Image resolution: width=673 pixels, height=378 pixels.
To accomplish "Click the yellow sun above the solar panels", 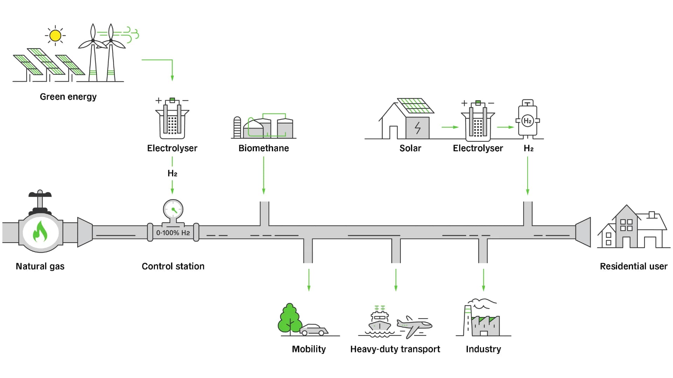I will (x=55, y=35).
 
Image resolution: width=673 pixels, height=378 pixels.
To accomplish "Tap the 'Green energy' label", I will (x=68, y=97).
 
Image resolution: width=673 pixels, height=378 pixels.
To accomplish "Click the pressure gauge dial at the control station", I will (x=173, y=210).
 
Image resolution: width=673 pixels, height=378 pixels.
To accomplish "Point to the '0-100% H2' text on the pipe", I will (x=173, y=233).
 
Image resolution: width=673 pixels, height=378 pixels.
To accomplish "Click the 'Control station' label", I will (x=173, y=266).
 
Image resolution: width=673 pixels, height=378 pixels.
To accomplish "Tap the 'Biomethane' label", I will (x=264, y=148).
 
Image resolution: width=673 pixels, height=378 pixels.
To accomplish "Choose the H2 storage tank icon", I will (x=528, y=120).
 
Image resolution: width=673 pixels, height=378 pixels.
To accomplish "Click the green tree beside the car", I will (x=289, y=318).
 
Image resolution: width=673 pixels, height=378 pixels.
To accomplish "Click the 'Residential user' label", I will (x=633, y=266).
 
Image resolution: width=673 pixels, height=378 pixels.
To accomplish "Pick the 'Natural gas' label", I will (x=40, y=266).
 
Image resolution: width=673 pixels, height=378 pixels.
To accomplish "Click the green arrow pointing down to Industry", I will (x=483, y=280).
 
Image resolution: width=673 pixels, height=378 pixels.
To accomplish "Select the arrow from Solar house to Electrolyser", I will (x=450, y=127).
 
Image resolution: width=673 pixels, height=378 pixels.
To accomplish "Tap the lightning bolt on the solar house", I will (x=417, y=128).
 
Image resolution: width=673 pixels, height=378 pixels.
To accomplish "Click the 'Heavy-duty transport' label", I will (x=395, y=349).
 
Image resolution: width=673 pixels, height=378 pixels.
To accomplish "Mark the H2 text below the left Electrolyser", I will (x=172, y=173).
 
